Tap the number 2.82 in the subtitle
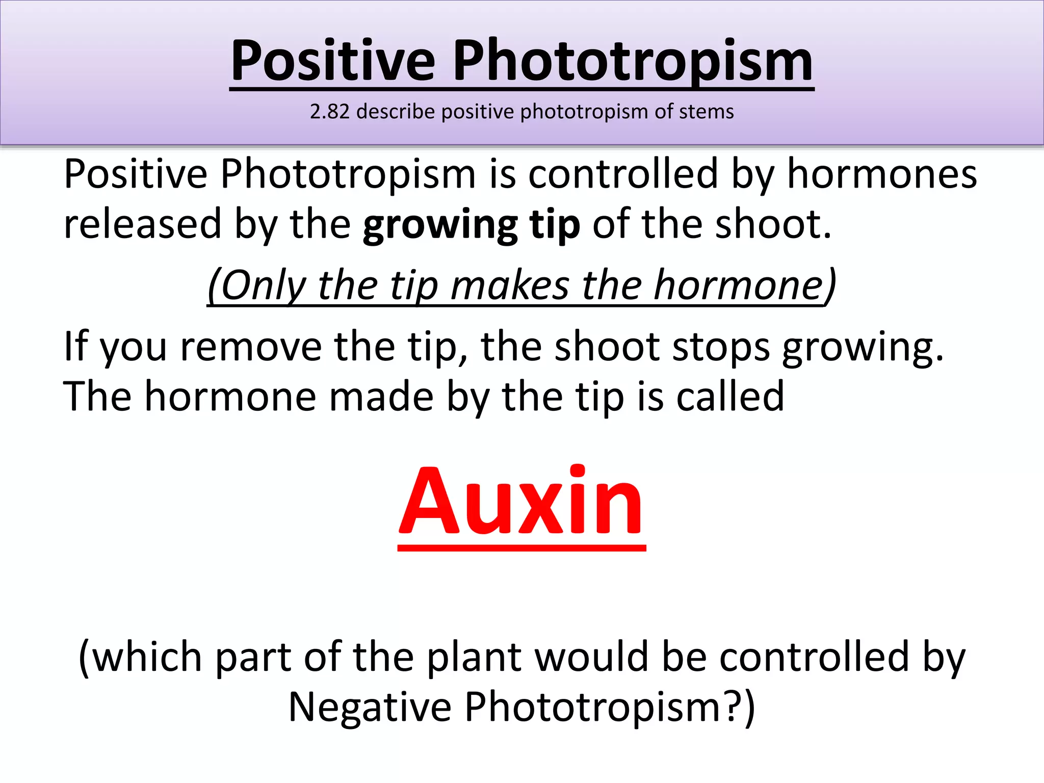point(329,112)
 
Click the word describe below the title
point(396,112)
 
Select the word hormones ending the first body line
point(882,174)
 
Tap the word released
point(143,224)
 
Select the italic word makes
point(509,285)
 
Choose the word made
point(381,397)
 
